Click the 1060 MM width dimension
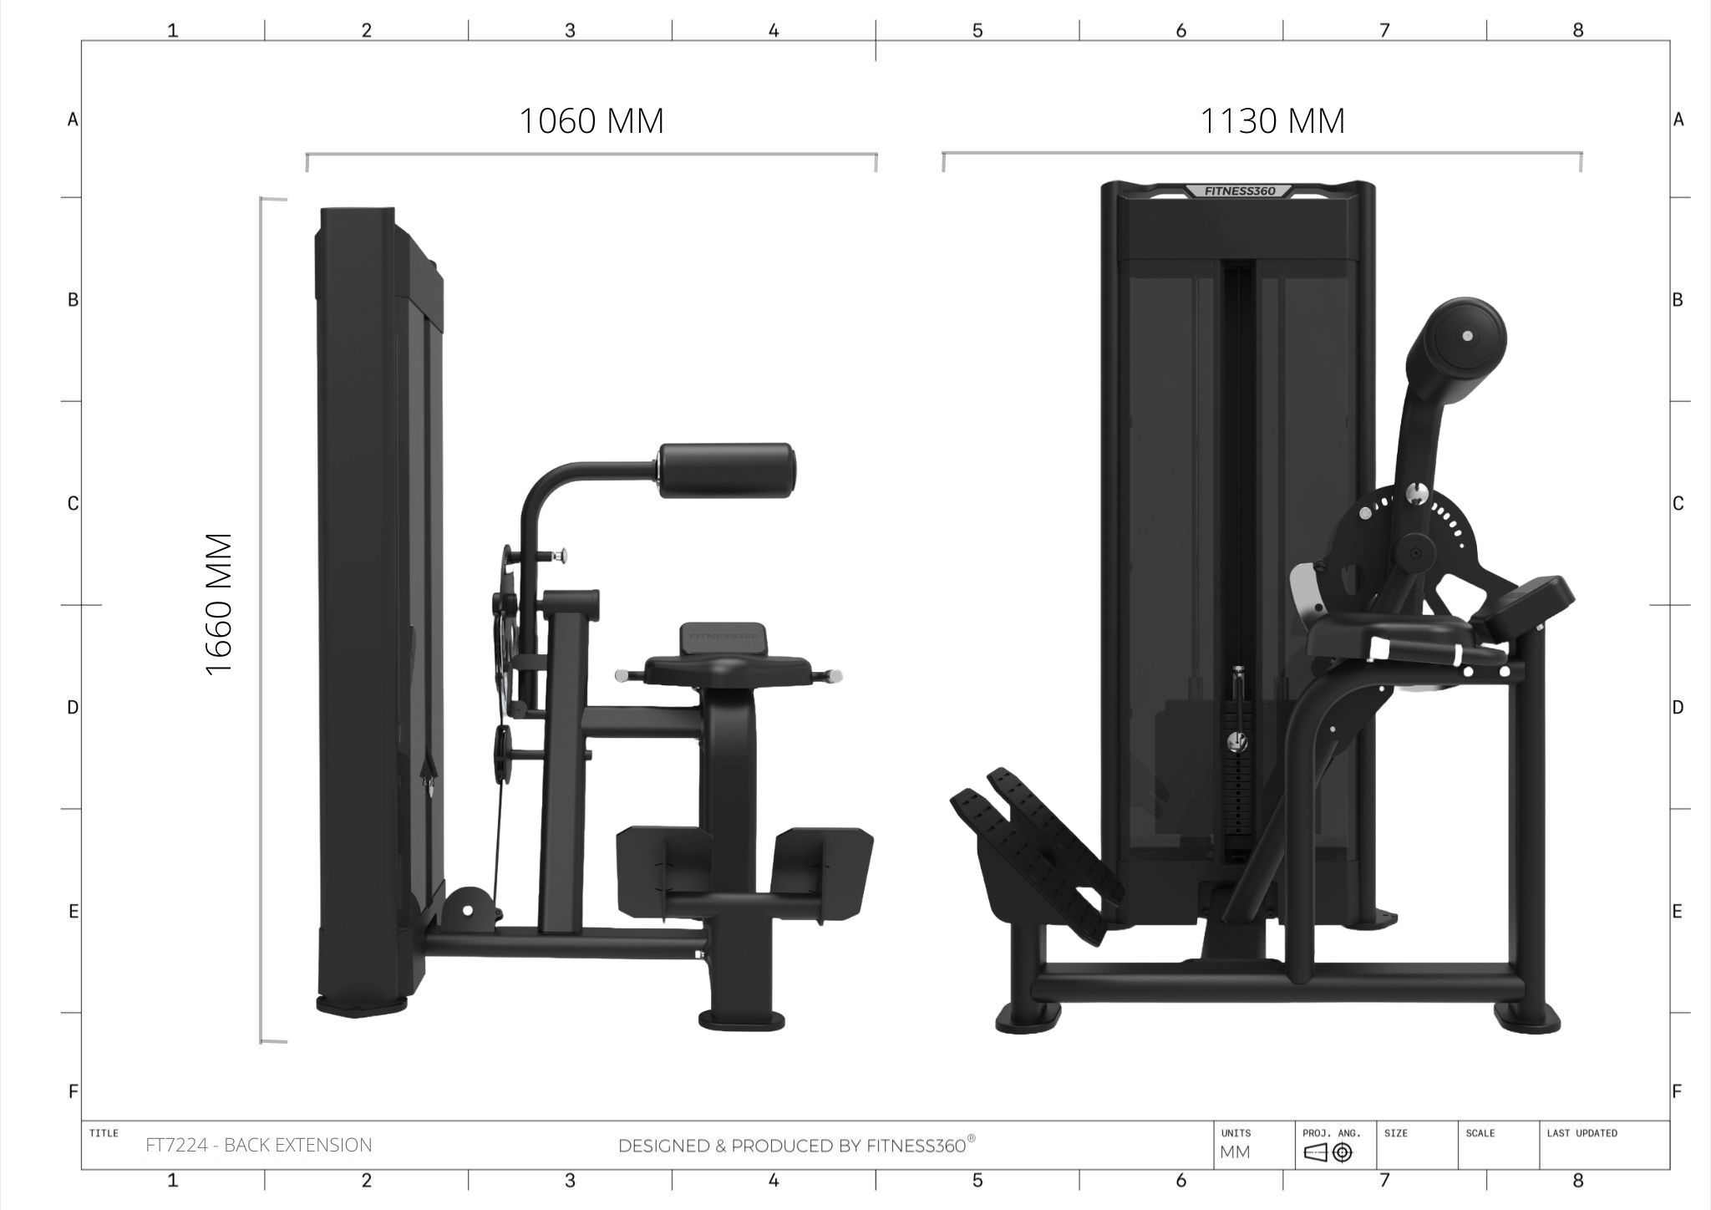tap(591, 121)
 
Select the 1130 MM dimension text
tap(1272, 121)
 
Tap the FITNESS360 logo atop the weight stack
tap(1239, 191)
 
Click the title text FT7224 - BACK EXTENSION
tap(259, 1145)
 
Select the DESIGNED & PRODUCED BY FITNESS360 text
tap(796, 1145)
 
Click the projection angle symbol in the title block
tap(1328, 1153)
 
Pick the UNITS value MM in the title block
tap(1235, 1152)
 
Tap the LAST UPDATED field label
tap(1582, 1133)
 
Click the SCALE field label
tap(1480, 1133)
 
